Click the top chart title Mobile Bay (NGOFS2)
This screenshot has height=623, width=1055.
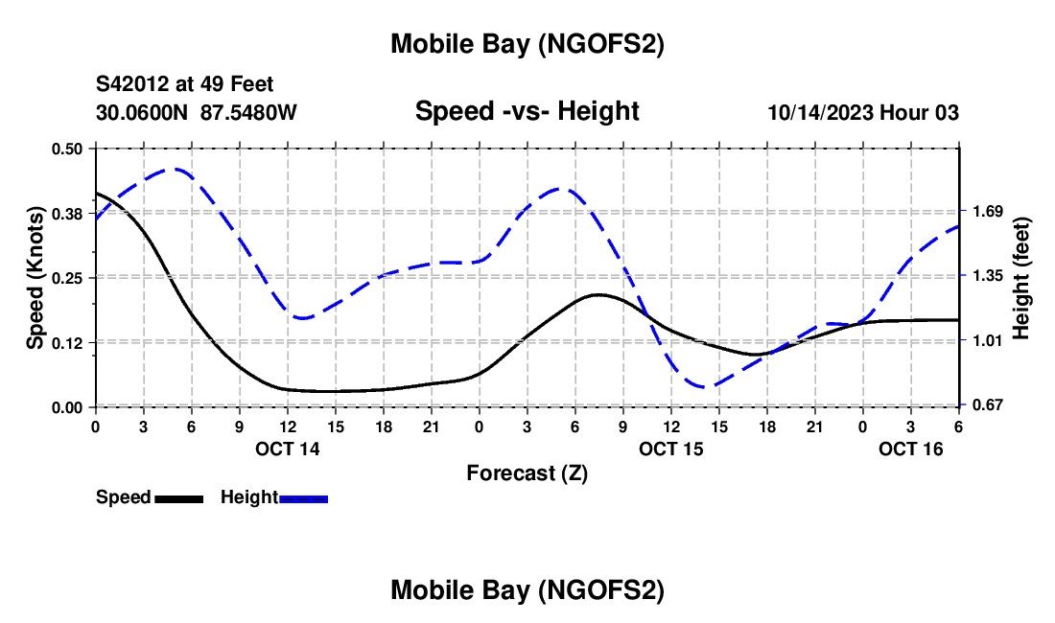[527, 44]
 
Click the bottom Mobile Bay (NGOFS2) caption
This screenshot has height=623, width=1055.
[527, 590]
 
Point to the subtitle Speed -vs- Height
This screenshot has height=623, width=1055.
[527, 111]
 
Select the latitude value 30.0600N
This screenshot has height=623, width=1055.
[143, 113]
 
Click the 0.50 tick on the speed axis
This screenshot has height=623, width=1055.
[66, 149]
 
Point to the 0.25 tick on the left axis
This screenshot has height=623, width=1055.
[66, 278]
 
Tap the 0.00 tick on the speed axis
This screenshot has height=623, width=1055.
[66, 407]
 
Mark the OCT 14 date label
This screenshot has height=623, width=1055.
[288, 449]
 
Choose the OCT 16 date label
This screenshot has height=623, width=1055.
[911, 449]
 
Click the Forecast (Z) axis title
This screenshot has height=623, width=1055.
[527, 473]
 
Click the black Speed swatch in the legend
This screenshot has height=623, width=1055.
[179, 498]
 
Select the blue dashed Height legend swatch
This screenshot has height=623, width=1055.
[304, 498]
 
